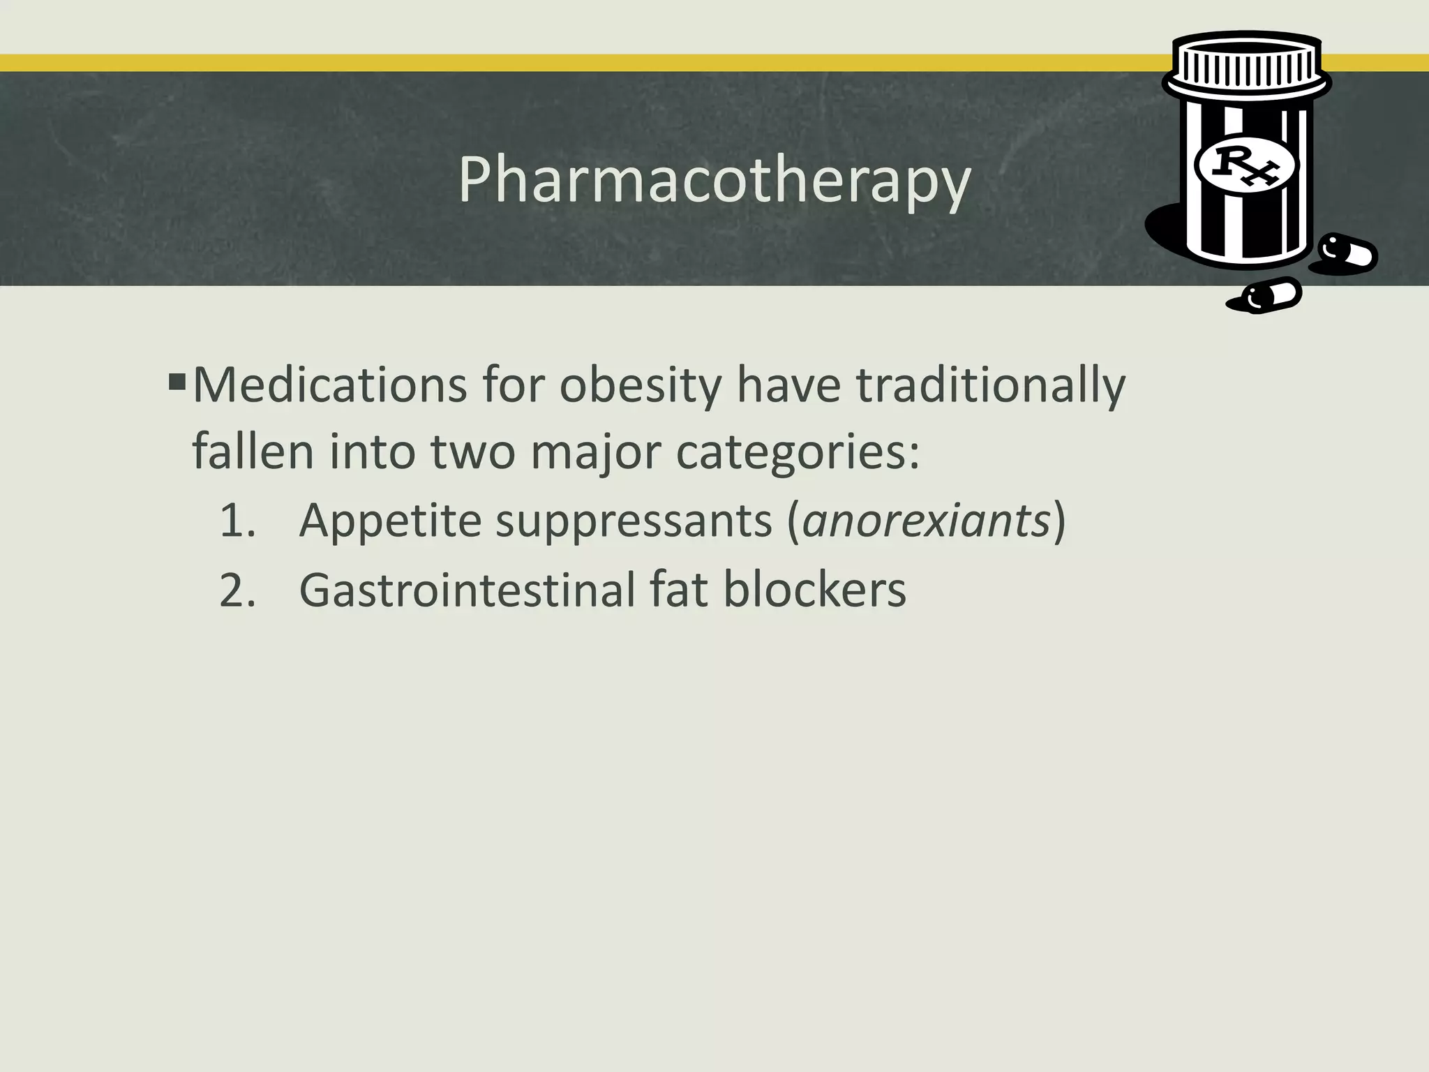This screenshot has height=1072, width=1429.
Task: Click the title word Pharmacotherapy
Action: pos(714,180)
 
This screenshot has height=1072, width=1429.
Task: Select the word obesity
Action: pos(640,385)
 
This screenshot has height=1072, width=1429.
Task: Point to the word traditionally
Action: pos(990,385)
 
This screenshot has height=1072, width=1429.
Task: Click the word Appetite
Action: pos(390,521)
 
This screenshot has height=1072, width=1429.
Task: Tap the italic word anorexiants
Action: pos(926,521)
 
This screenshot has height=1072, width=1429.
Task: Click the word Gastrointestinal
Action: pos(467,590)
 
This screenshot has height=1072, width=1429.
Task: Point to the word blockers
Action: pos(814,590)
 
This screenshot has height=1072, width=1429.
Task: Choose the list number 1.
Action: pos(237,521)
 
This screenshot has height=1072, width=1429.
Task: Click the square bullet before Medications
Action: pos(177,382)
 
